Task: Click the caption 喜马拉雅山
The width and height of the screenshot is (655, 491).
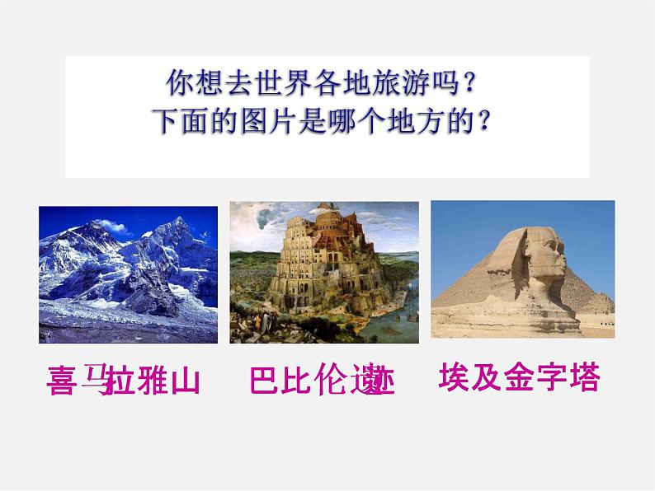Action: point(125,382)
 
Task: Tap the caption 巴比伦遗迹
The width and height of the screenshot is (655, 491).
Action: point(322,383)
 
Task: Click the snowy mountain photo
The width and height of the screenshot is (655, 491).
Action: point(128,274)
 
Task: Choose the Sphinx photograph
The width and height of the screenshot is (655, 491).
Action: point(522,270)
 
